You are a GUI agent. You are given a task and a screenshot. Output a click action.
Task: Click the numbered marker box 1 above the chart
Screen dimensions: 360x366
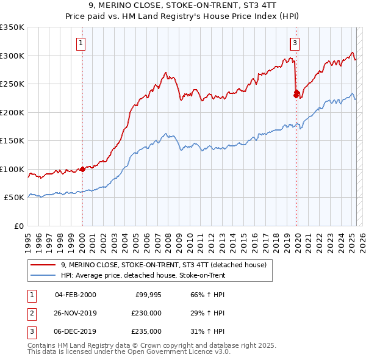click(81, 43)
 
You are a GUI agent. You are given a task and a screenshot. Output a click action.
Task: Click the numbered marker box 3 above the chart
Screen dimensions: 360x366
click(295, 43)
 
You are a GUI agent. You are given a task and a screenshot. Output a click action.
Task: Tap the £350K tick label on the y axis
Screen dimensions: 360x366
click(12, 27)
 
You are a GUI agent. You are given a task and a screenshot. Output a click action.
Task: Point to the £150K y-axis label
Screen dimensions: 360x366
click(12, 141)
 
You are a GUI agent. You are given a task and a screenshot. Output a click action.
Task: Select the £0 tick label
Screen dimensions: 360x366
click(18, 226)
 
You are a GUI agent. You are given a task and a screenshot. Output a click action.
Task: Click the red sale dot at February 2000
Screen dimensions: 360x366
click(82, 169)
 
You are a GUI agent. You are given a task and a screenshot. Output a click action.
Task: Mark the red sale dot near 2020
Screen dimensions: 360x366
click(296, 94)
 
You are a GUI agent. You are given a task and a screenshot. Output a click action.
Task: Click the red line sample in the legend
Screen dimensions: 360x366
click(43, 265)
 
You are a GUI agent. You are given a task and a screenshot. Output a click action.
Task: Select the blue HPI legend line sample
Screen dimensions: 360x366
click(43, 276)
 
